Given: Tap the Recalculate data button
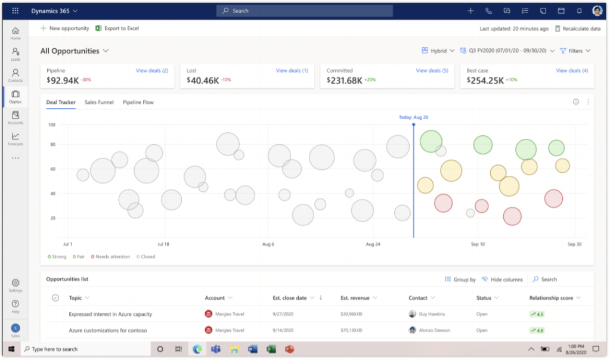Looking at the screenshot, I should tap(577, 29).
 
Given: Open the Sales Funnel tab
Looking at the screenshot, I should tap(99, 103).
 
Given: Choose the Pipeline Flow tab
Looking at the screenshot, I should tap(138, 103).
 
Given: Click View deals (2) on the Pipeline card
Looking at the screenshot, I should tap(151, 70).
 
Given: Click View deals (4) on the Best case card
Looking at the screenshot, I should tap(572, 70).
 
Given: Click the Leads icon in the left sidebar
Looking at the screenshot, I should tap(16, 53).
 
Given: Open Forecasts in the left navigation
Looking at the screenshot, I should tap(16, 138).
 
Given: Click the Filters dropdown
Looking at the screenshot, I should tap(575, 51).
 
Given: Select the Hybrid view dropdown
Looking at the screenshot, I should tap(438, 51).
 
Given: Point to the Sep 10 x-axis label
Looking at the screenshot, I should tap(478, 244).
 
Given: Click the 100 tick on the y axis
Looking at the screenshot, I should tap(52, 125).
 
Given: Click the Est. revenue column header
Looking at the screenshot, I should tap(355, 297).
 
